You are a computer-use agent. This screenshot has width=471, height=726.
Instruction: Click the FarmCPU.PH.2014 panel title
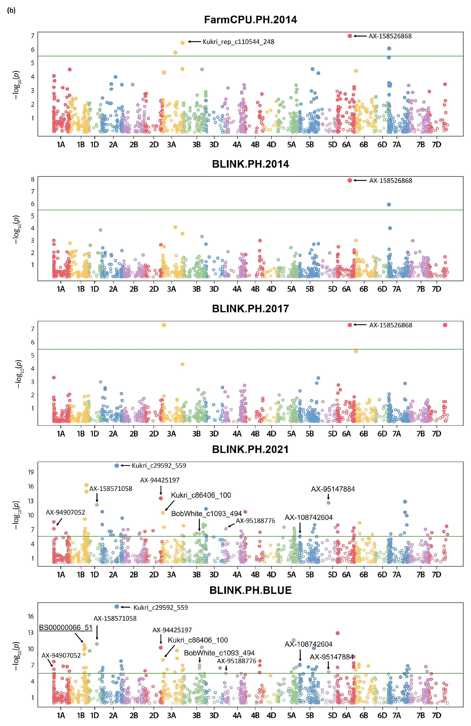250,20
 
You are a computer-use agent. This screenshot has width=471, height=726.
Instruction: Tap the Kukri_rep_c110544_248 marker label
238,42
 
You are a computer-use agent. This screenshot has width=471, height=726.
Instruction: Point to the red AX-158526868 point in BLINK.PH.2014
350,180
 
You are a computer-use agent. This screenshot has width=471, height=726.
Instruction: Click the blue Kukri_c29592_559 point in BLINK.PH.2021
117,466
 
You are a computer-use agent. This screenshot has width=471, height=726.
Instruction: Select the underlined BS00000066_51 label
66,627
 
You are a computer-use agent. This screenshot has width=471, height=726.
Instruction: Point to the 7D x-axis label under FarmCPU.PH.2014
437,145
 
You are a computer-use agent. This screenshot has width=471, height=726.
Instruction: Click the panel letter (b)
11,10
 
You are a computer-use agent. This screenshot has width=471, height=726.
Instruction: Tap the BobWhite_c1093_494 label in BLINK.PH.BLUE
219,653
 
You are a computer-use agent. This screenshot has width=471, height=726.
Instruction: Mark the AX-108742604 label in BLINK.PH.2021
309,518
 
